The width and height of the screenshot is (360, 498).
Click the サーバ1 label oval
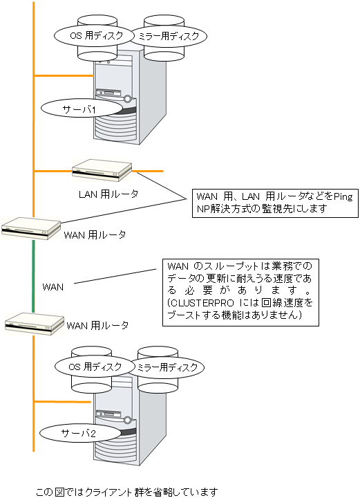click(82, 109)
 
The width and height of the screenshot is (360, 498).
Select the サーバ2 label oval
click(80, 432)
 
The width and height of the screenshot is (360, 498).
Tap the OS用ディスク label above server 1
click(94, 35)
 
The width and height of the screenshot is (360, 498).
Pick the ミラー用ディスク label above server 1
click(169, 36)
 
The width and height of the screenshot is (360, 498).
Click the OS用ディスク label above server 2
click(95, 367)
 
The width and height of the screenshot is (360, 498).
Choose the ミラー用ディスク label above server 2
click(167, 367)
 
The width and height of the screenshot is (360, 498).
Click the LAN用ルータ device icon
click(102, 170)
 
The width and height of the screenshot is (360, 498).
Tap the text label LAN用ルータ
click(108, 194)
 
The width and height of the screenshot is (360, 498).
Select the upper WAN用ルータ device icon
click(31, 228)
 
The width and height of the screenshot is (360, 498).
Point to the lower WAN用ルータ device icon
click(35, 323)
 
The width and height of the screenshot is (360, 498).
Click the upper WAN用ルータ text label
click(95, 235)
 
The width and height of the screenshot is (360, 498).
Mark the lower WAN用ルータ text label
click(97, 325)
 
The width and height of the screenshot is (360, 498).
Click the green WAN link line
click(33, 276)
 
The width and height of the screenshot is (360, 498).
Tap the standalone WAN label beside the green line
click(53, 287)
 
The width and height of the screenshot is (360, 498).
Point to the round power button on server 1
click(128, 98)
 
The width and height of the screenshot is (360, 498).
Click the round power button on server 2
click(128, 420)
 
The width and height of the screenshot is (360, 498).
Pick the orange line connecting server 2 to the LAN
click(62, 402)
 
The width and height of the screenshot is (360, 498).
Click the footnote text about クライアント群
click(127, 492)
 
